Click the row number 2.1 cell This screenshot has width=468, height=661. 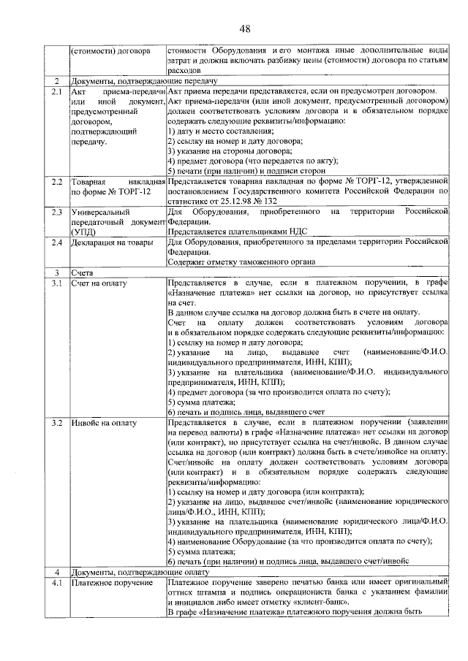(56, 93)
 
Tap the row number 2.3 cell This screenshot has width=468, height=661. (56, 212)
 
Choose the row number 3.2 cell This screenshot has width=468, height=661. (56, 423)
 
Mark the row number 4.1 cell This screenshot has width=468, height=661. (56, 583)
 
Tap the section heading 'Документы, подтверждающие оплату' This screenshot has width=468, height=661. (140, 572)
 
